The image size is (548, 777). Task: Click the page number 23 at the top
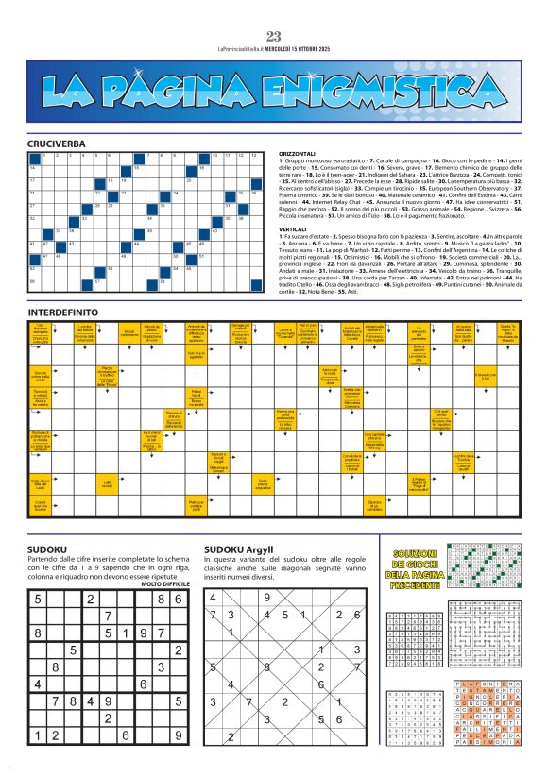point(274,37)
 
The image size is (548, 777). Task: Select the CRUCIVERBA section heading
point(57,143)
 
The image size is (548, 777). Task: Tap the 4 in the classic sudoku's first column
point(37,683)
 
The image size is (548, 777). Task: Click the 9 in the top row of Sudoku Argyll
point(268,597)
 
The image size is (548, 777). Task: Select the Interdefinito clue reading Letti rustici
point(107,485)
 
